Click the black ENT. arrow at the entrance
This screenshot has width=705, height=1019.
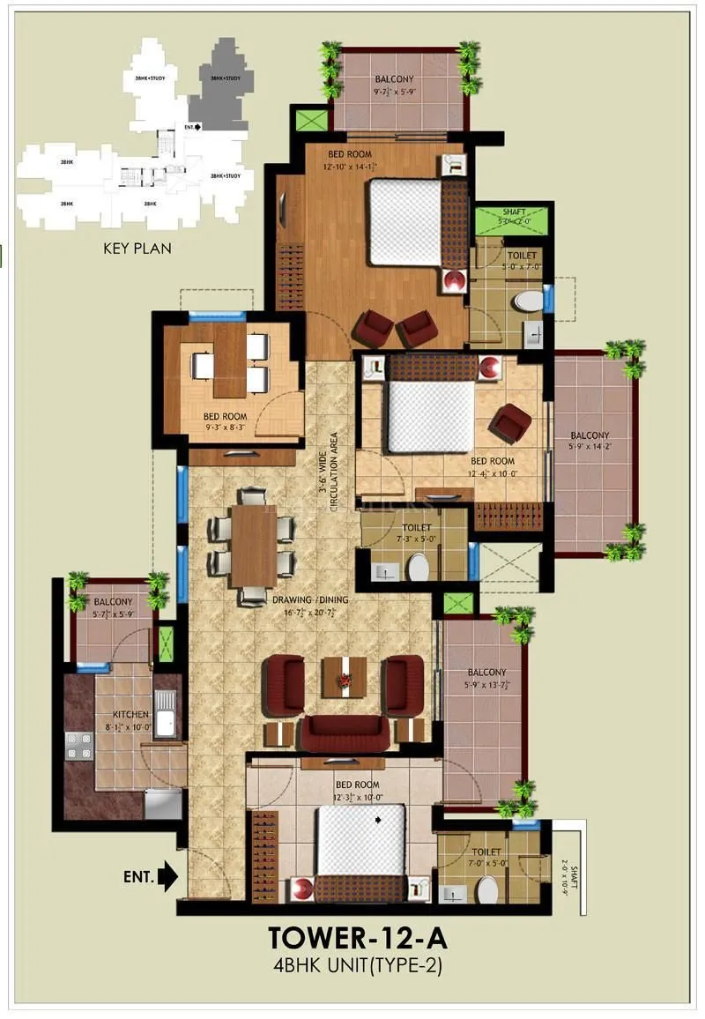(x=168, y=876)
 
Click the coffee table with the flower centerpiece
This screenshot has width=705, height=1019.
(x=344, y=676)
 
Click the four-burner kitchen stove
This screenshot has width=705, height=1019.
(x=78, y=745)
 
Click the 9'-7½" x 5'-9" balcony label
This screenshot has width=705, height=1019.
(x=394, y=85)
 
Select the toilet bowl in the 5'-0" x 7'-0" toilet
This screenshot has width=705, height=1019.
(x=529, y=301)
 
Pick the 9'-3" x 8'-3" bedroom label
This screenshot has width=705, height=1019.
(x=225, y=421)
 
